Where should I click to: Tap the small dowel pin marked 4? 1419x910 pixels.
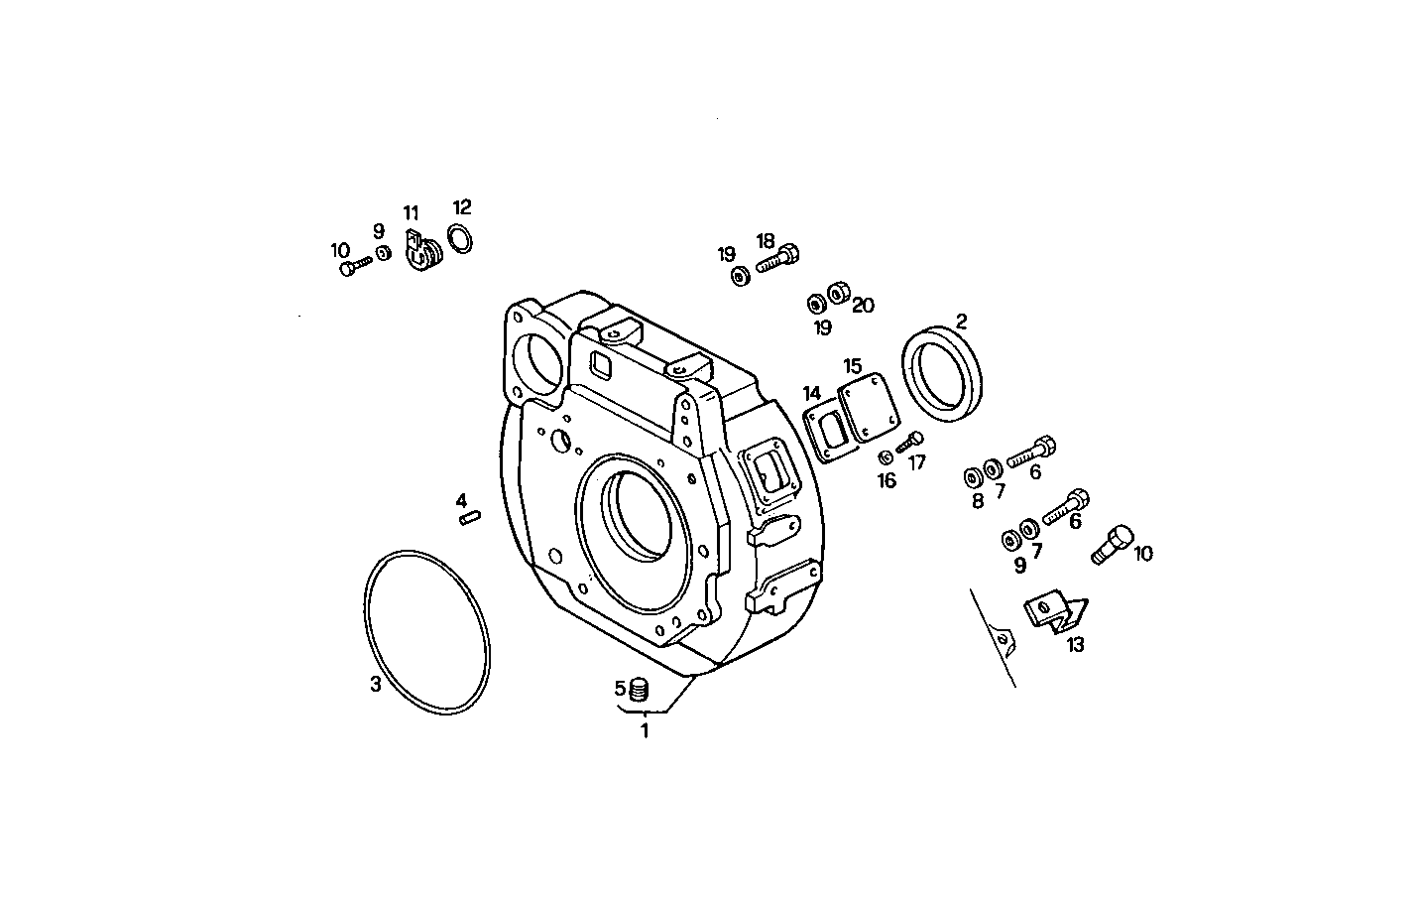(470, 516)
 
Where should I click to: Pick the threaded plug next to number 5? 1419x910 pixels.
(639, 688)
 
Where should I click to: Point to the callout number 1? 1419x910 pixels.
(645, 731)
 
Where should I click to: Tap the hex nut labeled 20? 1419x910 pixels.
(837, 293)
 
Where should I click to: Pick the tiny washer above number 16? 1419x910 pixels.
(884, 456)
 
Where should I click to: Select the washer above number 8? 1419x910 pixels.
(972, 477)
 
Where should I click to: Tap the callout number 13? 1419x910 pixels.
(1076, 645)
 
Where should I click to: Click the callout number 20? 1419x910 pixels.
(863, 306)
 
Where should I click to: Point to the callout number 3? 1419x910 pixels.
(375, 685)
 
